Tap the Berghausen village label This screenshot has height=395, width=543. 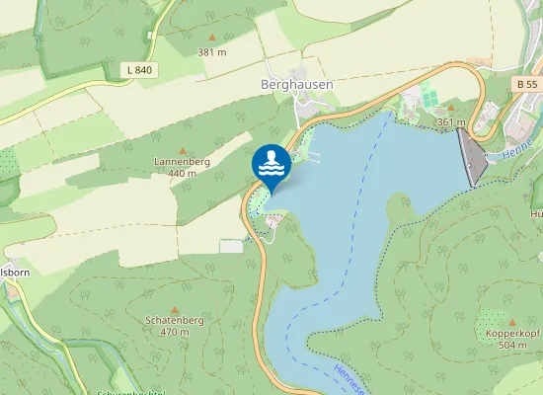296,85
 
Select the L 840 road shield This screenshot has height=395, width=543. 140,69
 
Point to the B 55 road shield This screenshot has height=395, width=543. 528,85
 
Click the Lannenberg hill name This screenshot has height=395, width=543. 182,162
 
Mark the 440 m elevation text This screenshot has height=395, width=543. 182,174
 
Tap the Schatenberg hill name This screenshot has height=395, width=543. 175,321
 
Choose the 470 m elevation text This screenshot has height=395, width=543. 175,333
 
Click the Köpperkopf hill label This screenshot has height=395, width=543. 512,334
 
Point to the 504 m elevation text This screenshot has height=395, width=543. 512,346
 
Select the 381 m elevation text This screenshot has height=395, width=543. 211,51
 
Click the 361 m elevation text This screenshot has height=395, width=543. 451,121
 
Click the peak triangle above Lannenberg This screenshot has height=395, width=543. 182,149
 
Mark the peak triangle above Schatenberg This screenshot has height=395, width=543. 175,308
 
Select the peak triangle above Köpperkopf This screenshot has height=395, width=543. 512,321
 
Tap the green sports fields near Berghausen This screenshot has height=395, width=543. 429,97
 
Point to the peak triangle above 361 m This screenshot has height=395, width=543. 451,109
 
